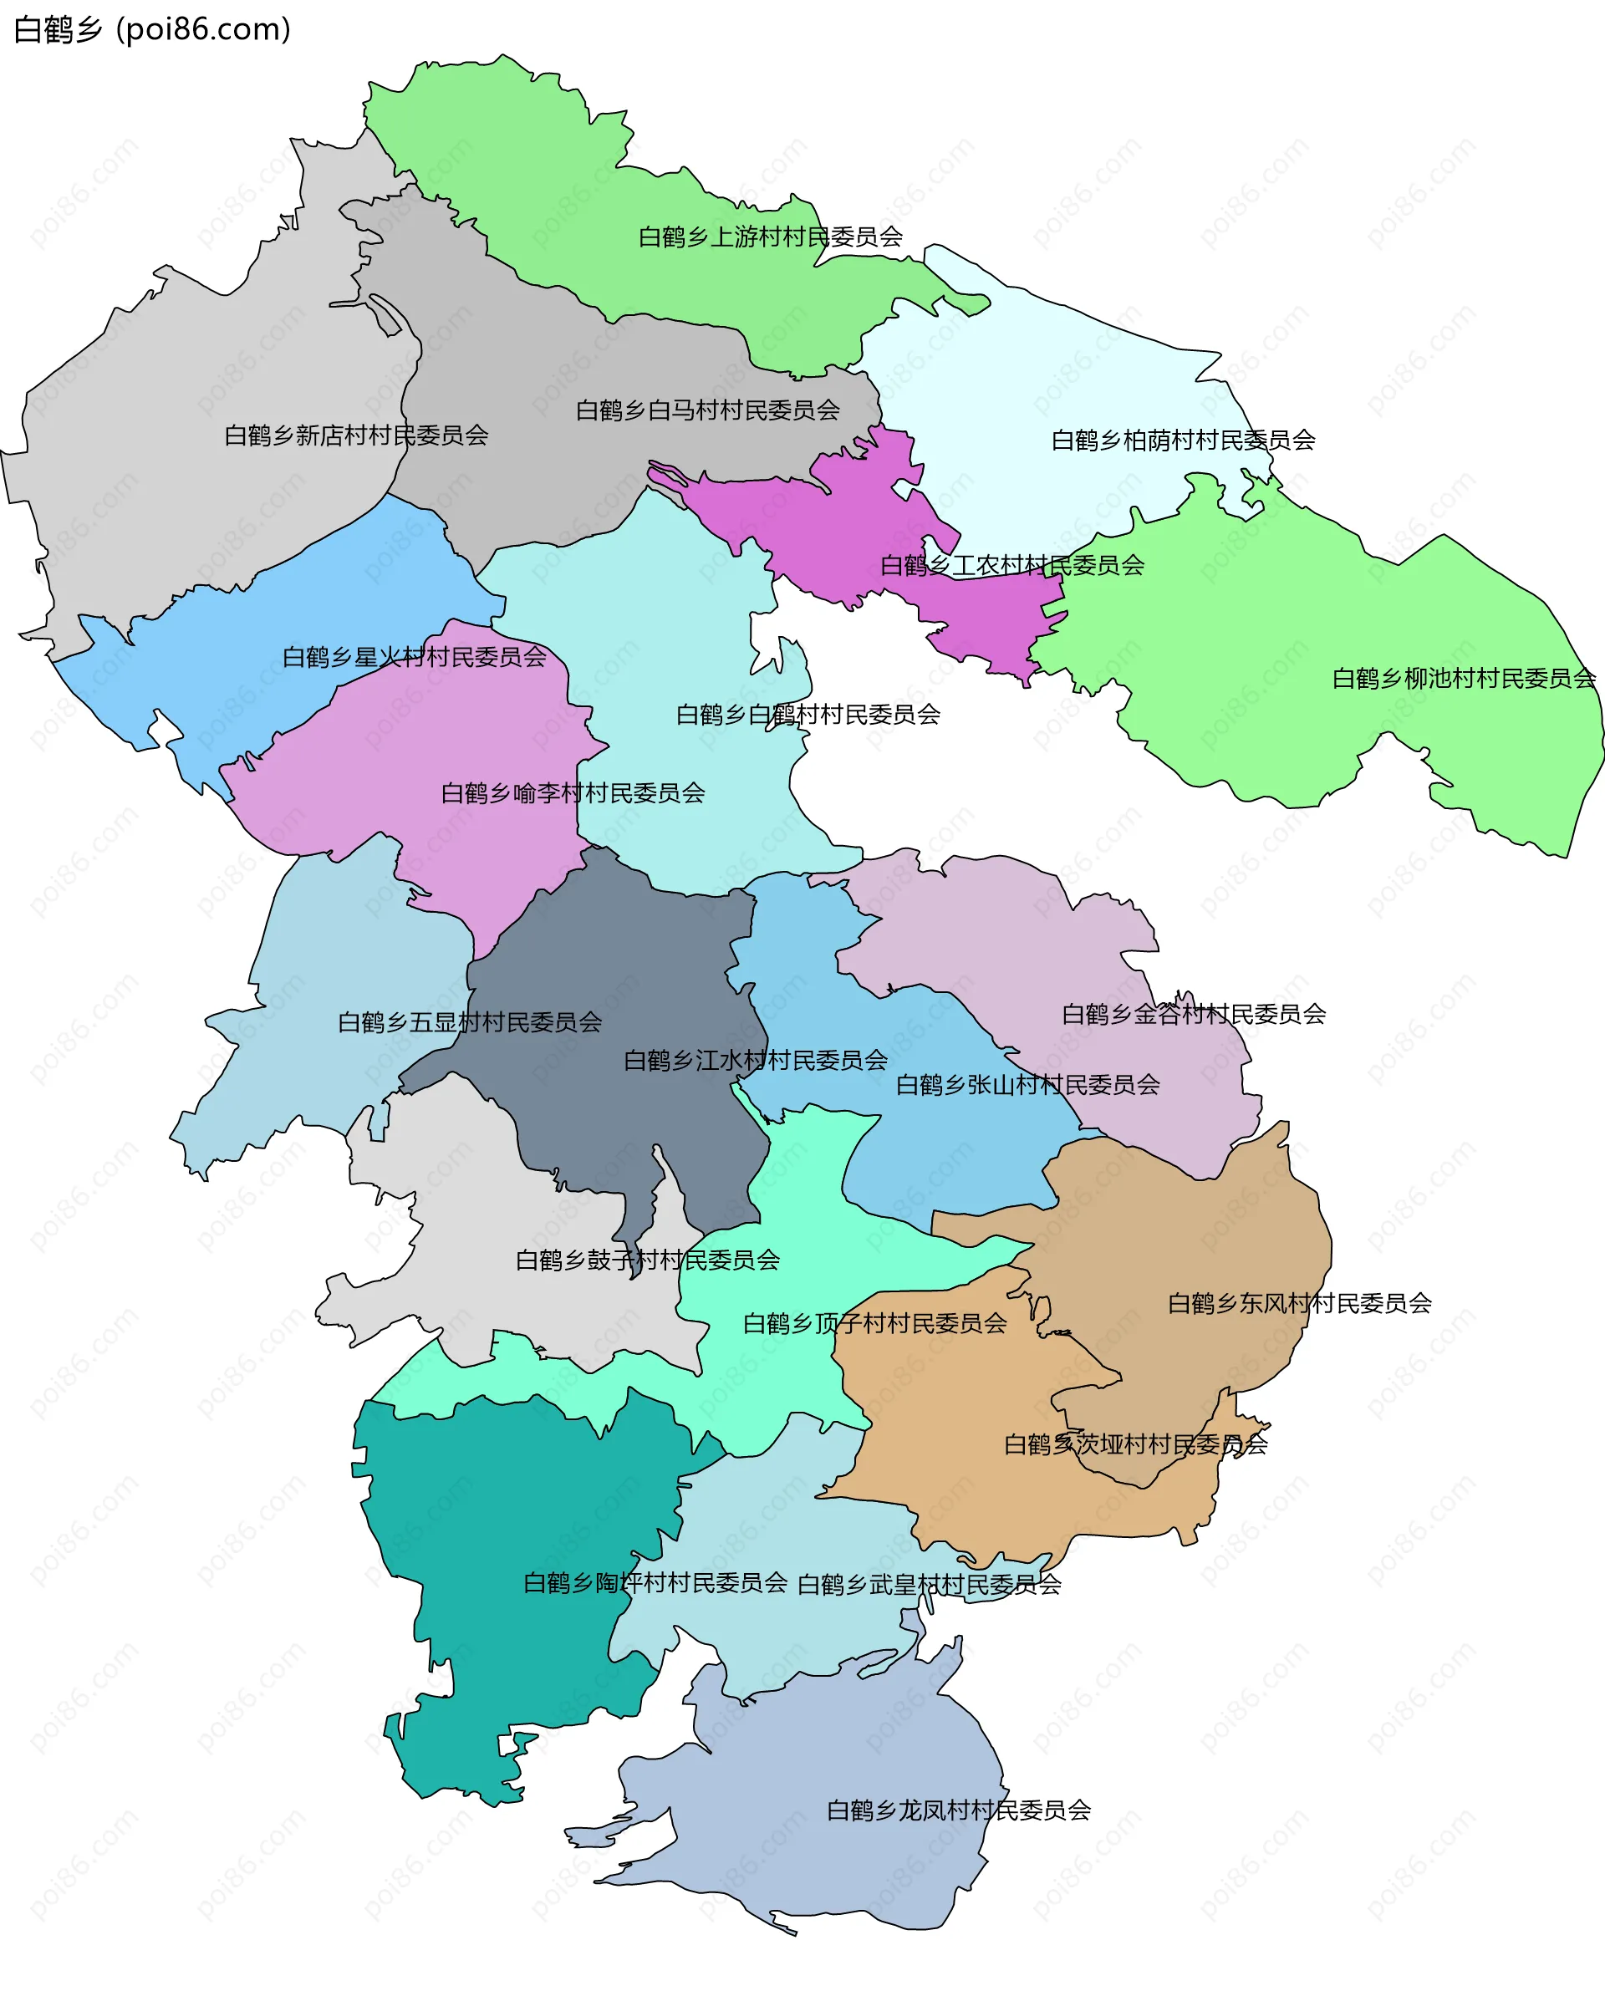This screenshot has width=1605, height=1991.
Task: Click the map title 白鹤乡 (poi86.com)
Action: pyautogui.click(x=152, y=29)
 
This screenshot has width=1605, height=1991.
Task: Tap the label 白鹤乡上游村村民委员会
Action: pyautogui.click(x=770, y=237)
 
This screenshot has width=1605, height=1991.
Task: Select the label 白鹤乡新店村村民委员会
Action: pyautogui.click(x=356, y=435)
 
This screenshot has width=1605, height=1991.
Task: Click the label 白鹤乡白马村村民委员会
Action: pyautogui.click(x=707, y=410)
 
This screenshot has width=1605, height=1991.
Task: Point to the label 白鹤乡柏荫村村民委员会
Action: pyautogui.click(x=1183, y=440)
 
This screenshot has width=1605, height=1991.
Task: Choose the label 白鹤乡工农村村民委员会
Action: pyautogui.click(x=1011, y=566)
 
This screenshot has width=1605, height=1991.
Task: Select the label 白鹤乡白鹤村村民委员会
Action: pyautogui.click(x=808, y=715)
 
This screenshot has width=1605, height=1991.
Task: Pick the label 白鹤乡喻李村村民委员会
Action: pyautogui.click(x=573, y=793)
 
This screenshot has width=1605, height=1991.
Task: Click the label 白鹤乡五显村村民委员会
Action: pyautogui.click(x=470, y=1022)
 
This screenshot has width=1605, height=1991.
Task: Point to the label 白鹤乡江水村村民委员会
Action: pyautogui.click(x=756, y=1060)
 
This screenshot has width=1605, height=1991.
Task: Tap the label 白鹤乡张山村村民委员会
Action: pyautogui.click(x=1027, y=1084)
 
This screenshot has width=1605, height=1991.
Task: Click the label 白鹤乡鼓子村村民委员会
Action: pyautogui.click(x=647, y=1260)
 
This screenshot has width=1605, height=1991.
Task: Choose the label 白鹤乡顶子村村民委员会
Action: pyautogui.click(x=874, y=1324)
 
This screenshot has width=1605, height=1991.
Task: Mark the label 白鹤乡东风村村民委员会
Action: pyautogui.click(x=1299, y=1303)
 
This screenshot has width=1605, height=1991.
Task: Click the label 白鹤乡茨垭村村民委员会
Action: pyautogui.click(x=1135, y=1444)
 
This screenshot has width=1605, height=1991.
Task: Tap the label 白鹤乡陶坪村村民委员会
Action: pyautogui.click(x=655, y=1582)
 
